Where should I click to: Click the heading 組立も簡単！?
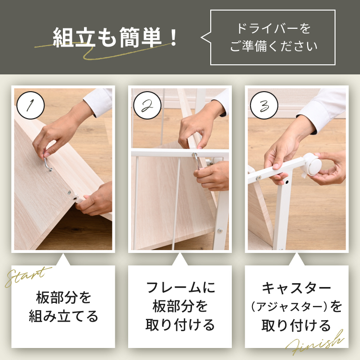(115, 37)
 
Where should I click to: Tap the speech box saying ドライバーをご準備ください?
(273, 37)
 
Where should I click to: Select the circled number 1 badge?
(31, 105)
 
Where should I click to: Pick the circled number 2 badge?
(147, 105)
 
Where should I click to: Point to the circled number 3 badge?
(264, 105)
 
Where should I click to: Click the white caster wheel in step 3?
(312, 164)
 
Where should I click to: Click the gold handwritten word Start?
(27, 276)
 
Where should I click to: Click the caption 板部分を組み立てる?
(63, 307)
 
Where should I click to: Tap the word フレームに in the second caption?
(180, 288)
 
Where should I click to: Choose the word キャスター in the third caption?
(297, 288)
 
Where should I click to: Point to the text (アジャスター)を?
(297, 306)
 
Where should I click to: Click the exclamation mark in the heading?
(174, 37)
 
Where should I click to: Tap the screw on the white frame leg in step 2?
(220, 230)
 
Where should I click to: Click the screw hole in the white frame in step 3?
(287, 182)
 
